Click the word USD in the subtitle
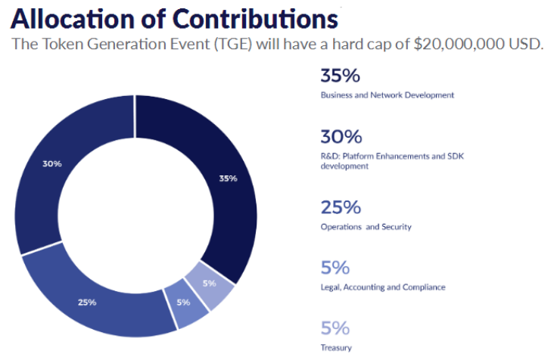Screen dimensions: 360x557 pyautogui.click(x=527, y=43)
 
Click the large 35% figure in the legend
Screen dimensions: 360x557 pyautogui.click(x=340, y=76)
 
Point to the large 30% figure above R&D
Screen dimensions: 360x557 pyautogui.click(x=341, y=137)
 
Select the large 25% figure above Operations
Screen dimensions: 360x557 pyautogui.click(x=340, y=206)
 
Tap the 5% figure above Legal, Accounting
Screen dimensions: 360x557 pyautogui.click(x=335, y=267)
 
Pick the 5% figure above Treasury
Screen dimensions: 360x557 pyautogui.click(x=335, y=327)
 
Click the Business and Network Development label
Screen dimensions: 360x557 pyautogui.click(x=387, y=95)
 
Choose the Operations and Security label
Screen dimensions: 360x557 pyautogui.click(x=366, y=226)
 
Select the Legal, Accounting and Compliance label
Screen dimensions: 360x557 pyautogui.click(x=383, y=287)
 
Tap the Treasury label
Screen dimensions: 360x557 pyautogui.click(x=336, y=347)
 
